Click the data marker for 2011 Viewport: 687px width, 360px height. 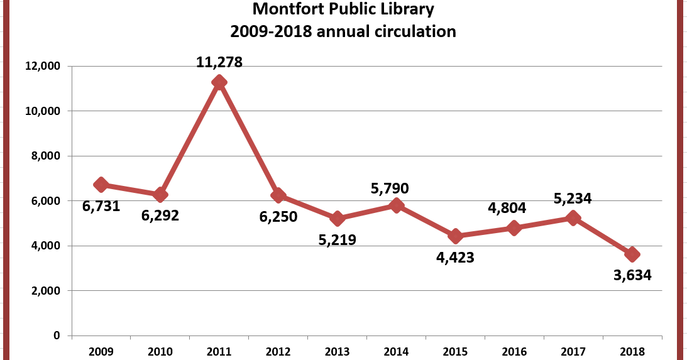[219, 82]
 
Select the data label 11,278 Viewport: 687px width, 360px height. [219, 62]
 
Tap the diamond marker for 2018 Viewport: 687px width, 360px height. [632, 254]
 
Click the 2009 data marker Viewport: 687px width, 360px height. [101, 185]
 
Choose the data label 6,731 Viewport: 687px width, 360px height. [101, 205]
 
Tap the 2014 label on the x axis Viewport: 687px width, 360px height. [397, 351]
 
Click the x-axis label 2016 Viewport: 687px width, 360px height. [515, 351]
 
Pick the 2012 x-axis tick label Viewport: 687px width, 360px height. [278, 351]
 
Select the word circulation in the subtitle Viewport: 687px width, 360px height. [409, 31]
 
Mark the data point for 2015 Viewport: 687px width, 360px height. [456, 236]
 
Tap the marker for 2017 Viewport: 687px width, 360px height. [573, 218]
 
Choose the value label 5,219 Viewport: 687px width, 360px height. [338, 239]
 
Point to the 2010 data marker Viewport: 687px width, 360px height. [160, 195]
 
